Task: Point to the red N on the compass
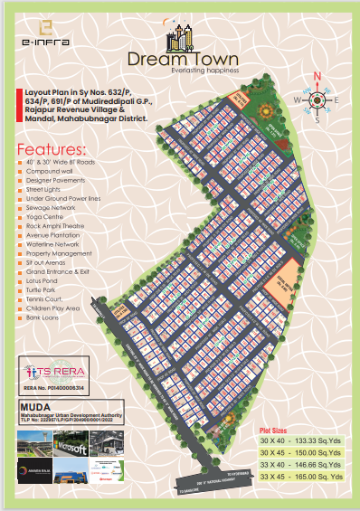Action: coord(317,77)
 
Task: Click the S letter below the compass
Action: coord(317,119)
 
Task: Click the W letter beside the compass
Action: coord(298,99)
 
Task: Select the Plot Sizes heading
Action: coord(274,432)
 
